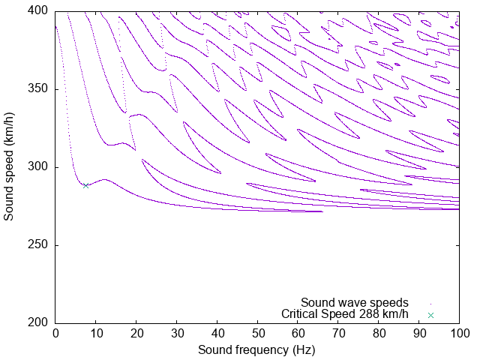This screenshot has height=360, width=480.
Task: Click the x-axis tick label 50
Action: (x=257, y=332)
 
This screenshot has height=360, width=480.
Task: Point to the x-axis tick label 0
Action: (x=55, y=332)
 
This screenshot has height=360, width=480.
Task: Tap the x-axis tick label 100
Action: (x=459, y=332)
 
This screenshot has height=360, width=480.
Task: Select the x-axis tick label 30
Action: (x=176, y=332)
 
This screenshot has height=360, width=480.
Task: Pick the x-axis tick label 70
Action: (x=338, y=332)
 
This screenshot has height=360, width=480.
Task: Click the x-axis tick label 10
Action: (x=96, y=332)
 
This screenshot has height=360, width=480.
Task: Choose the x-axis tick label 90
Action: (x=418, y=332)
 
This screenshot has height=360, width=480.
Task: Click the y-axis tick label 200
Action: (x=39, y=323)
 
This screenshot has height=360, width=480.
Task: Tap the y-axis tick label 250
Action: (x=39, y=245)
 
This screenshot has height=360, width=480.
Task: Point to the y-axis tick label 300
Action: (x=39, y=167)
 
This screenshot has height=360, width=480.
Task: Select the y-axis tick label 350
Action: (x=39, y=89)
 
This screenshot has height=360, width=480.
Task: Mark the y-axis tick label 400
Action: (x=39, y=11)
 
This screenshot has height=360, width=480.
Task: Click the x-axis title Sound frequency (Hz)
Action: (x=256, y=349)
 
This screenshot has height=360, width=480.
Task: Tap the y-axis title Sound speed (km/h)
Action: (x=9, y=166)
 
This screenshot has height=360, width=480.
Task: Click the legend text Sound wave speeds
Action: (x=355, y=303)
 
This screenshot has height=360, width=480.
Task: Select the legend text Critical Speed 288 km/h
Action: (x=345, y=314)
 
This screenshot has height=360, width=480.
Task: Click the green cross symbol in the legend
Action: (x=430, y=315)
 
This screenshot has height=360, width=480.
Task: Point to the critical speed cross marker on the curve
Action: (x=86, y=185)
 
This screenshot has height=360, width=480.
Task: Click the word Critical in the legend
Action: (x=299, y=314)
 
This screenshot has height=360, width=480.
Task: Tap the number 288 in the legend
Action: (x=368, y=314)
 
